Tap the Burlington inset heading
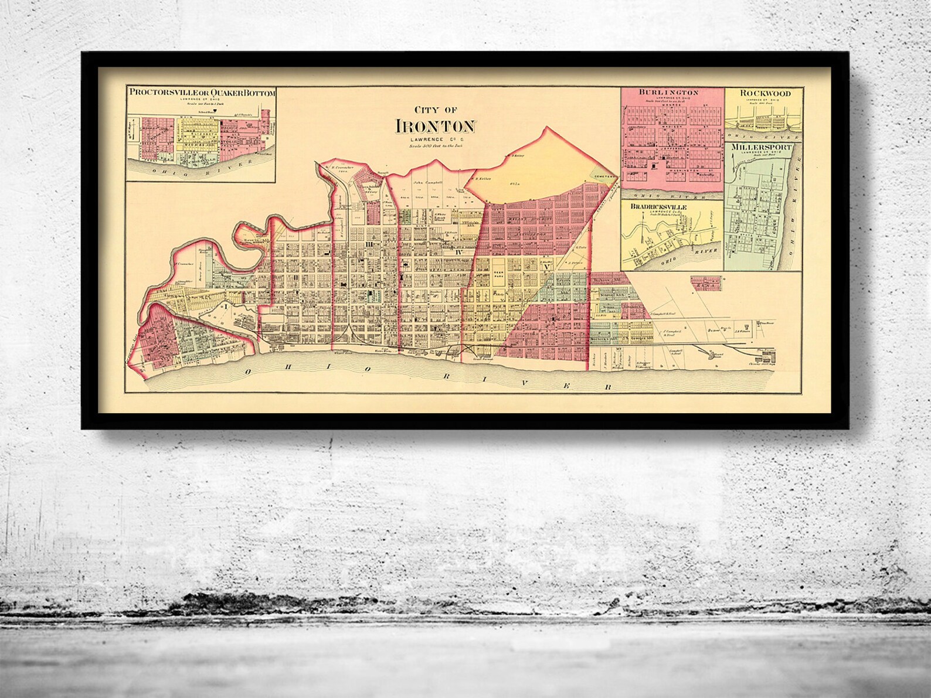point(669,93)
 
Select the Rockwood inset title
point(764,93)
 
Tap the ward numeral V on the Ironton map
point(546,267)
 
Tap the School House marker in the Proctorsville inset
point(215,110)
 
